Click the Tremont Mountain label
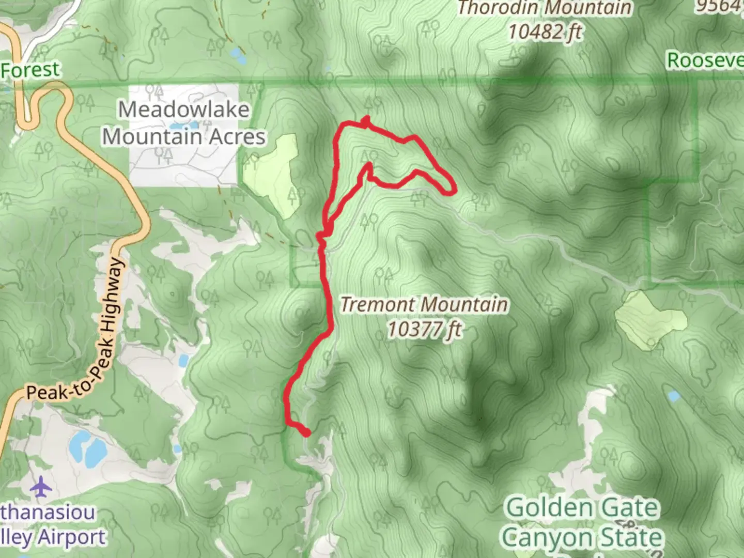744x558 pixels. [424, 304]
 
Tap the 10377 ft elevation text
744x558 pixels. [425, 329]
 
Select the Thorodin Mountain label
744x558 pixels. [545, 8]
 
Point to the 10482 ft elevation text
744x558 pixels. [545, 32]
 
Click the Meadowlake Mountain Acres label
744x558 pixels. [183, 123]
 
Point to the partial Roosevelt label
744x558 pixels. [705, 60]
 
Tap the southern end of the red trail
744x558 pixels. [306, 433]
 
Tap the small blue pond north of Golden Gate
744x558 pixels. [673, 396]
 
